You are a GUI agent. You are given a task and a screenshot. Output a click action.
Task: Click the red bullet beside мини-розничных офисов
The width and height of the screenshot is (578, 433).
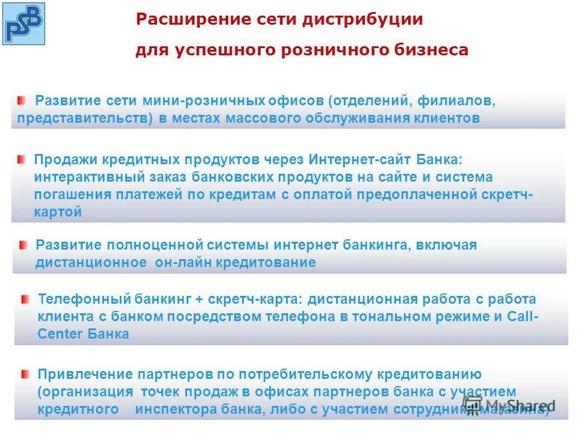(22, 99)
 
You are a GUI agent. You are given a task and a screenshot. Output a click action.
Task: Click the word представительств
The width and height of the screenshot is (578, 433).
(85, 118)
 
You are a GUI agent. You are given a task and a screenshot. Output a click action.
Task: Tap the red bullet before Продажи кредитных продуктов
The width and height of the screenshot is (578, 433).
(22, 159)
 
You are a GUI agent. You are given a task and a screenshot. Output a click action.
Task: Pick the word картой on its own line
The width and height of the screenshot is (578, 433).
(58, 212)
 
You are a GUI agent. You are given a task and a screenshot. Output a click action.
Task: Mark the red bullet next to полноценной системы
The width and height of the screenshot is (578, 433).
(23, 245)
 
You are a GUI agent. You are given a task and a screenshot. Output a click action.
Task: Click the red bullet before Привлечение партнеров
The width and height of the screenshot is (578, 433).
(24, 374)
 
